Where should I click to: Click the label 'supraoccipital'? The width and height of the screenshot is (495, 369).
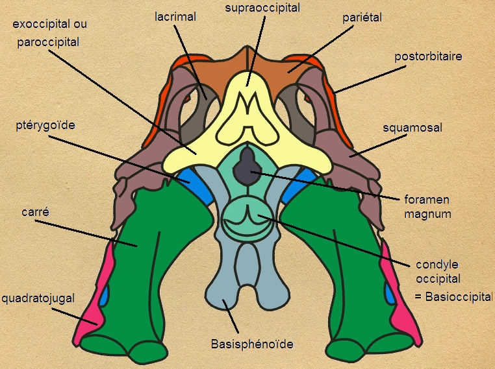click(x=262, y=8)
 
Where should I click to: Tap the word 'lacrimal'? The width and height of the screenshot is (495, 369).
click(x=175, y=17)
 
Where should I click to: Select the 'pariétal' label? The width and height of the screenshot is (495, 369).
click(x=361, y=18)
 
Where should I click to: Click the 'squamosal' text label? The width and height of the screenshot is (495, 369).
click(x=412, y=128)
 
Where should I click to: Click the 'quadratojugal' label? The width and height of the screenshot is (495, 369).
click(x=38, y=298)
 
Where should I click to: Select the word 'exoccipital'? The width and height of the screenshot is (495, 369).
click(x=39, y=25)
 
